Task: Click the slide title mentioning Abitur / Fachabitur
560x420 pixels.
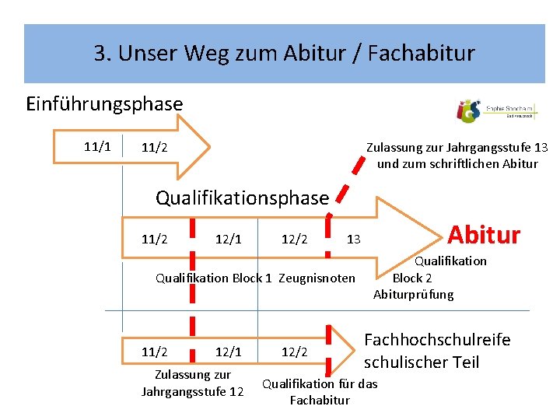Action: pos(284,54)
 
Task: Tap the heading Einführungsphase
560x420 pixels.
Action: pos(104,103)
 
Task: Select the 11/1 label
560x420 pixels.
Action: pos(97,146)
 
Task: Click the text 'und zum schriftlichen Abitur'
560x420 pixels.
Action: pos(457,163)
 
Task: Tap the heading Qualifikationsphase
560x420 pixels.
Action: pos(242,198)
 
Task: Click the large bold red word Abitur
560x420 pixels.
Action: pos(484,233)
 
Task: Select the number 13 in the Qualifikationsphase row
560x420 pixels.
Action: pos(353,239)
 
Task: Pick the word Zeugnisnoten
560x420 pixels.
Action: pos(317,278)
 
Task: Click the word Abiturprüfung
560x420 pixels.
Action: pos(413,294)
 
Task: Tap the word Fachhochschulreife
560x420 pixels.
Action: pos(437,340)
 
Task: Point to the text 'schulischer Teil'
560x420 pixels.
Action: pos(422,362)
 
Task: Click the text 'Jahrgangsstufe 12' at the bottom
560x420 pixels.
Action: pos(192,391)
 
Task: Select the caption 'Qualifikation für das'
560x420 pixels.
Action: pos(320,383)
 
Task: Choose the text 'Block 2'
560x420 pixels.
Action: pos(412,277)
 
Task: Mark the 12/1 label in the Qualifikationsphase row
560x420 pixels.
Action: pos(228,239)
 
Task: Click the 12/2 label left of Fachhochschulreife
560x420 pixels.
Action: pos(294,352)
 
